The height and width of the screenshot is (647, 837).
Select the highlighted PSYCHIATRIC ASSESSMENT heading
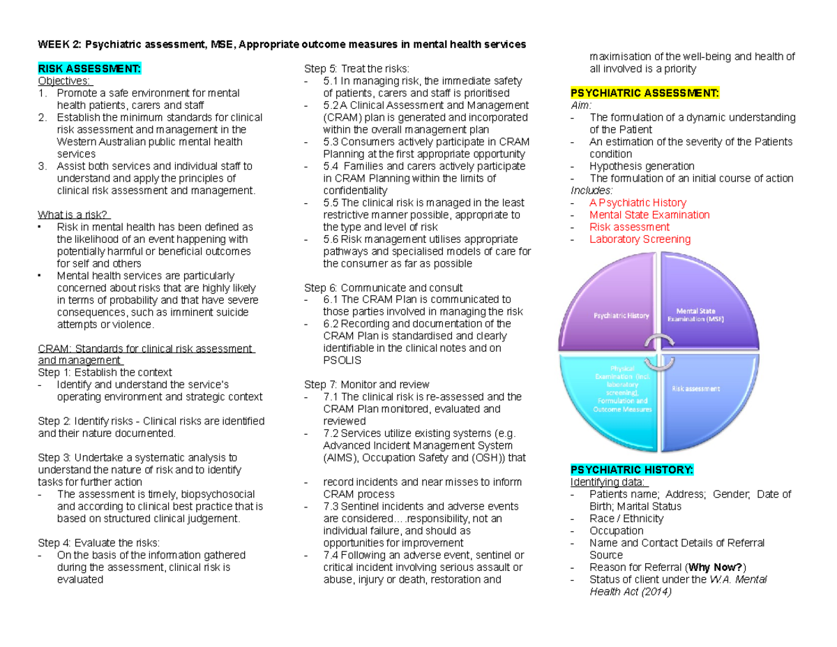coord(644,93)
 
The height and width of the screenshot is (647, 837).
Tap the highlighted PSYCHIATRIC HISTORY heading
coord(632,470)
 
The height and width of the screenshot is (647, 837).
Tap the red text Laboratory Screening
coord(640,239)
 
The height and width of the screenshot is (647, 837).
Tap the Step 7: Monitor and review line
coord(367,385)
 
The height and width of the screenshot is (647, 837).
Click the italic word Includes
coord(591,191)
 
